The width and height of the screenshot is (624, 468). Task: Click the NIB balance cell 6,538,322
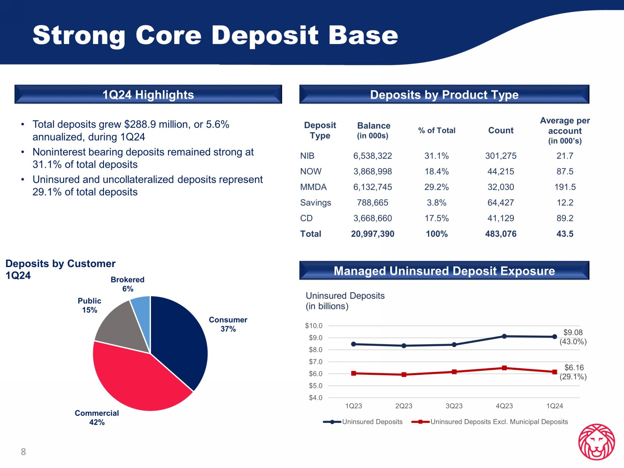372,156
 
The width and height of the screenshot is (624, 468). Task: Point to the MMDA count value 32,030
500,187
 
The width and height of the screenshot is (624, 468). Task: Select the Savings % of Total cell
436,203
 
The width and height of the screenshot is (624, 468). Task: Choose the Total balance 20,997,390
372,234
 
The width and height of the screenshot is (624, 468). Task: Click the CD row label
306,218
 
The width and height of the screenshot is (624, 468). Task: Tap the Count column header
500,130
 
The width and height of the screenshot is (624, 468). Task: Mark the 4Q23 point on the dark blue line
504,336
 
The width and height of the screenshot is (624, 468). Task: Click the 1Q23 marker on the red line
354,373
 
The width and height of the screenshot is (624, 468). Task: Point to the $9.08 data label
573,332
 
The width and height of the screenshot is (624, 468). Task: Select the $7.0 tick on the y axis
315,362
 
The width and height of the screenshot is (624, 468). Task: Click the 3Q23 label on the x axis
454,406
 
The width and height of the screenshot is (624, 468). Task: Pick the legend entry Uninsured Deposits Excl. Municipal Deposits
499,422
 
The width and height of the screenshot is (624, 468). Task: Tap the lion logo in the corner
597,442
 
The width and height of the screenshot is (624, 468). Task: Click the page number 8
23,452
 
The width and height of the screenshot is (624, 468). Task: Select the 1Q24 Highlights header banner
148,95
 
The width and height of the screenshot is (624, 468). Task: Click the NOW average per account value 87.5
565,171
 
